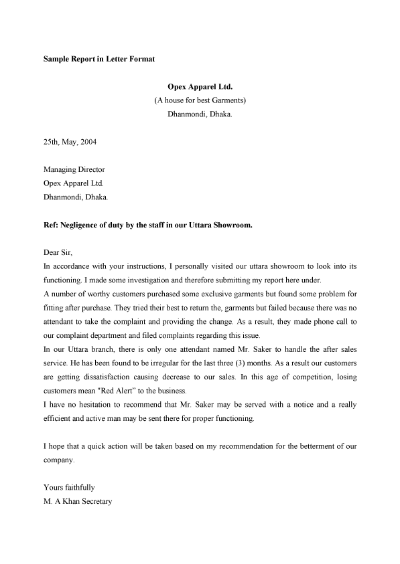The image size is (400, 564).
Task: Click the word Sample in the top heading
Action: pos(56,59)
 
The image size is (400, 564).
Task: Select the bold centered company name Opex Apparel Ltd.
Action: pos(200,87)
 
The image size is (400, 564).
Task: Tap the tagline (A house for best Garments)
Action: pos(200,100)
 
